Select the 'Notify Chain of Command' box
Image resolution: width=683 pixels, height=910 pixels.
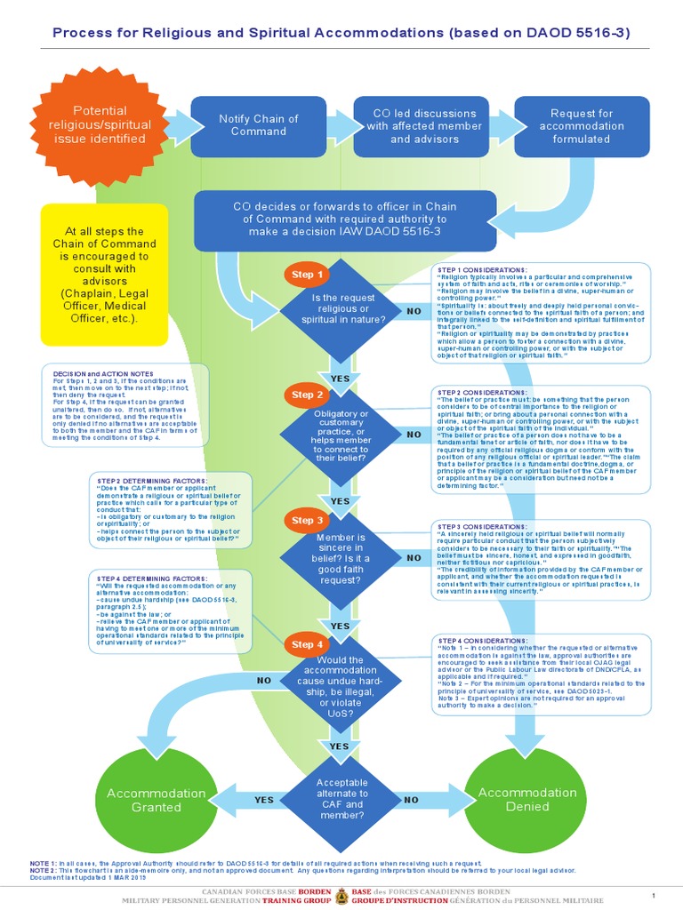(x=258, y=125)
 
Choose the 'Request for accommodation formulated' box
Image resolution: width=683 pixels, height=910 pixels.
(x=582, y=125)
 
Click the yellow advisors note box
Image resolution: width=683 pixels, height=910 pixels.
(x=105, y=275)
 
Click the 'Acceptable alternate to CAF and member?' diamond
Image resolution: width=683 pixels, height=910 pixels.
(x=341, y=799)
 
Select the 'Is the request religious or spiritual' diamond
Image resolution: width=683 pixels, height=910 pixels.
(x=341, y=307)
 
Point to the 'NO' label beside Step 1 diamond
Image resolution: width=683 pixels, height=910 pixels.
(x=414, y=311)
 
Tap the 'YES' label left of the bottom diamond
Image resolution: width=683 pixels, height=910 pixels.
(x=264, y=800)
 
